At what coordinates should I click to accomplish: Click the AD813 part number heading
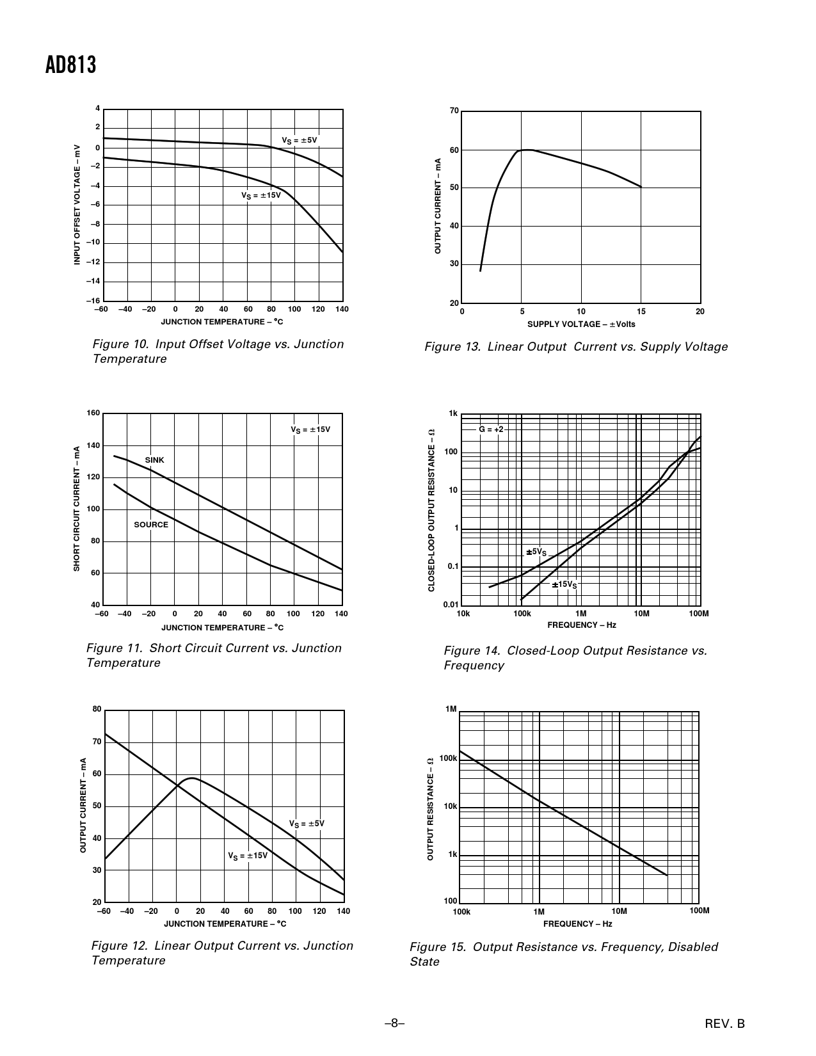(x=71, y=65)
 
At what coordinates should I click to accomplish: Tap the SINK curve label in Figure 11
(x=154, y=460)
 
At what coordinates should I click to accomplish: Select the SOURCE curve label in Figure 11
(x=151, y=525)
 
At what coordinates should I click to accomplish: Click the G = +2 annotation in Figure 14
(x=492, y=429)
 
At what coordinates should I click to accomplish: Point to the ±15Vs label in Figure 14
(x=564, y=584)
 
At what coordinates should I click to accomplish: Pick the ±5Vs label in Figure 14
(x=536, y=552)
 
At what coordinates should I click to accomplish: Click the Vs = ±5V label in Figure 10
(x=300, y=140)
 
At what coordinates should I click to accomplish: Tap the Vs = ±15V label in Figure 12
(x=248, y=856)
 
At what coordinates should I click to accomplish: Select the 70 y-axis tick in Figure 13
(x=454, y=111)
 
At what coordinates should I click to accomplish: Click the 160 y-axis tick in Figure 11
(x=93, y=413)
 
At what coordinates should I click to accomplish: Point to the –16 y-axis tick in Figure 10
(x=93, y=300)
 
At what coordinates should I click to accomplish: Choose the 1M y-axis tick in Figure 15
(x=451, y=709)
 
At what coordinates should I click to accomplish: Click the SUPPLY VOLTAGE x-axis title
(x=581, y=324)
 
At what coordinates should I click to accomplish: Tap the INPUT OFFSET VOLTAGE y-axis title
(x=77, y=204)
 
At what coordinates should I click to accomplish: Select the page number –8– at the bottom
(x=395, y=1023)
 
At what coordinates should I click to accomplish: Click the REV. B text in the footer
(x=725, y=1024)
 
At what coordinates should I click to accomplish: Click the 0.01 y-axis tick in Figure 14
(x=451, y=605)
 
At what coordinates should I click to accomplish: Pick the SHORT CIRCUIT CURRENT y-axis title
(x=77, y=509)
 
